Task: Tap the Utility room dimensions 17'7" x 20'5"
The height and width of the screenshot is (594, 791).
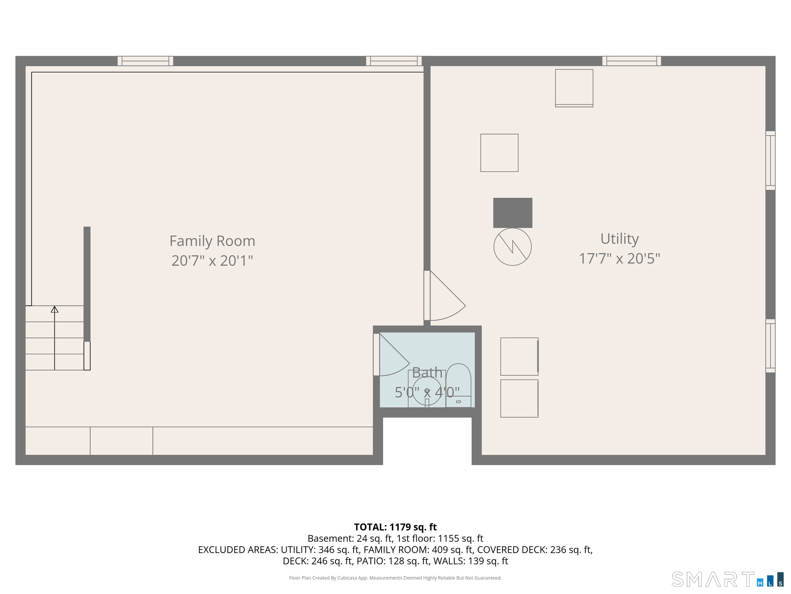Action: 620,259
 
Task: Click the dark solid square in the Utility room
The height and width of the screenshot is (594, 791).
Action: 513,213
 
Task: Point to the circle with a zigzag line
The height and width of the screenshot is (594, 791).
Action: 513,247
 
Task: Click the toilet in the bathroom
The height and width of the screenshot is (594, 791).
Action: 458,385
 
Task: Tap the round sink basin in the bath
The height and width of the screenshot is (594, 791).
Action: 427,391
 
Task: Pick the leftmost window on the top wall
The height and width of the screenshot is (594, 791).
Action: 145,61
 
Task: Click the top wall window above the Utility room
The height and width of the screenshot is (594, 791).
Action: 632,61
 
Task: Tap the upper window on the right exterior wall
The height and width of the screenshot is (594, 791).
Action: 770,160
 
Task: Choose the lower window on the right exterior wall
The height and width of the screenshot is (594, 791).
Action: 770,346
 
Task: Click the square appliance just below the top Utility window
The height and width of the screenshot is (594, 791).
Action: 574,88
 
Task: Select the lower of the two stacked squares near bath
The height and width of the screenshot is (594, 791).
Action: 519,399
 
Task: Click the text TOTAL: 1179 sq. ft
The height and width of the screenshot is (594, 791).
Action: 395,527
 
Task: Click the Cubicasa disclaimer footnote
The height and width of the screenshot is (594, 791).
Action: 395,578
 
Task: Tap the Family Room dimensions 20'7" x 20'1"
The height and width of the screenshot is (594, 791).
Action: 212,261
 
